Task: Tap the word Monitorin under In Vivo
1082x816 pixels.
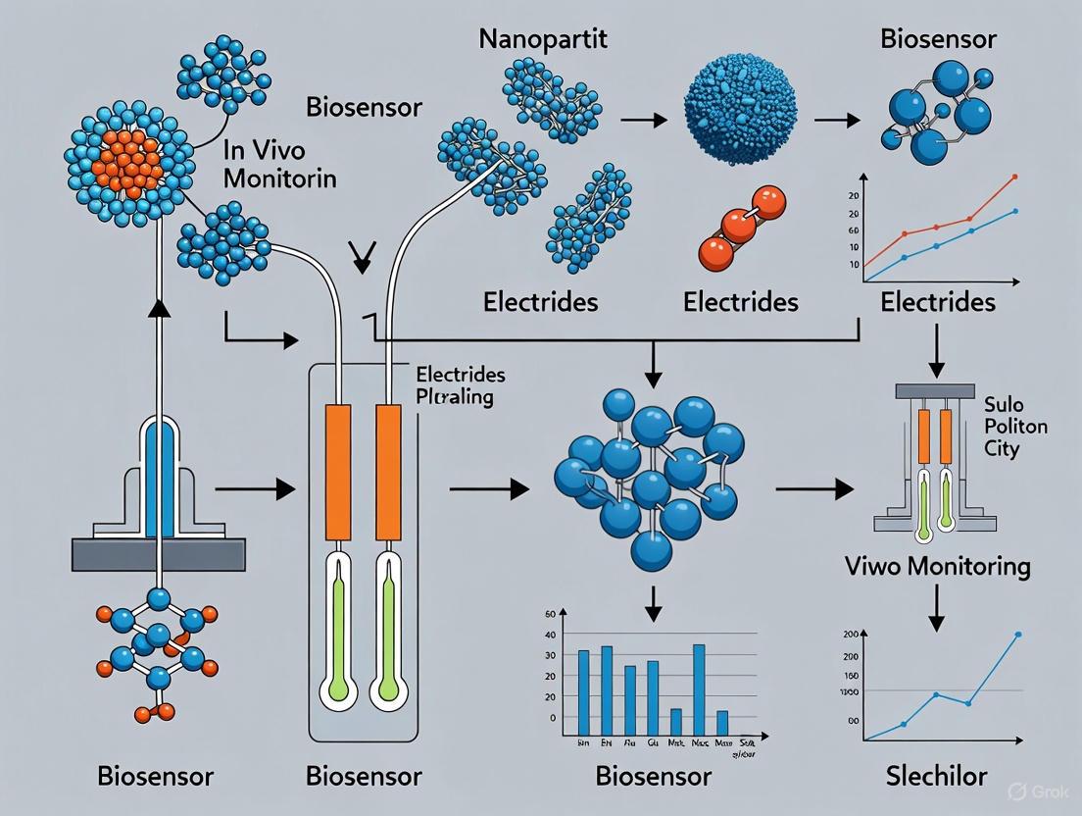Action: click(x=279, y=179)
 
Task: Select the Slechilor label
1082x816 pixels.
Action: click(x=936, y=776)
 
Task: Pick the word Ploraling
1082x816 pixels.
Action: click(x=455, y=398)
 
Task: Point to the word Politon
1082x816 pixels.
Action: click(x=1015, y=427)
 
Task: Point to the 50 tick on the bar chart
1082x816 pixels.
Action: click(x=550, y=614)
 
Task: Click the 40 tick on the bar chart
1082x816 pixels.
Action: click(x=550, y=635)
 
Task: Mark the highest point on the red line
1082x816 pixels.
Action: click(x=1013, y=177)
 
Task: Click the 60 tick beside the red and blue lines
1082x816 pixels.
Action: click(x=855, y=230)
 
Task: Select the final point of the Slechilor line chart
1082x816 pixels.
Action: click(x=1017, y=635)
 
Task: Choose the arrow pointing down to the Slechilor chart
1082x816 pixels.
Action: click(x=936, y=609)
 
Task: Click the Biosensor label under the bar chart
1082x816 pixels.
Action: click(x=653, y=776)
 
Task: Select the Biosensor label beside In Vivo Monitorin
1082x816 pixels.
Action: click(x=365, y=106)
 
